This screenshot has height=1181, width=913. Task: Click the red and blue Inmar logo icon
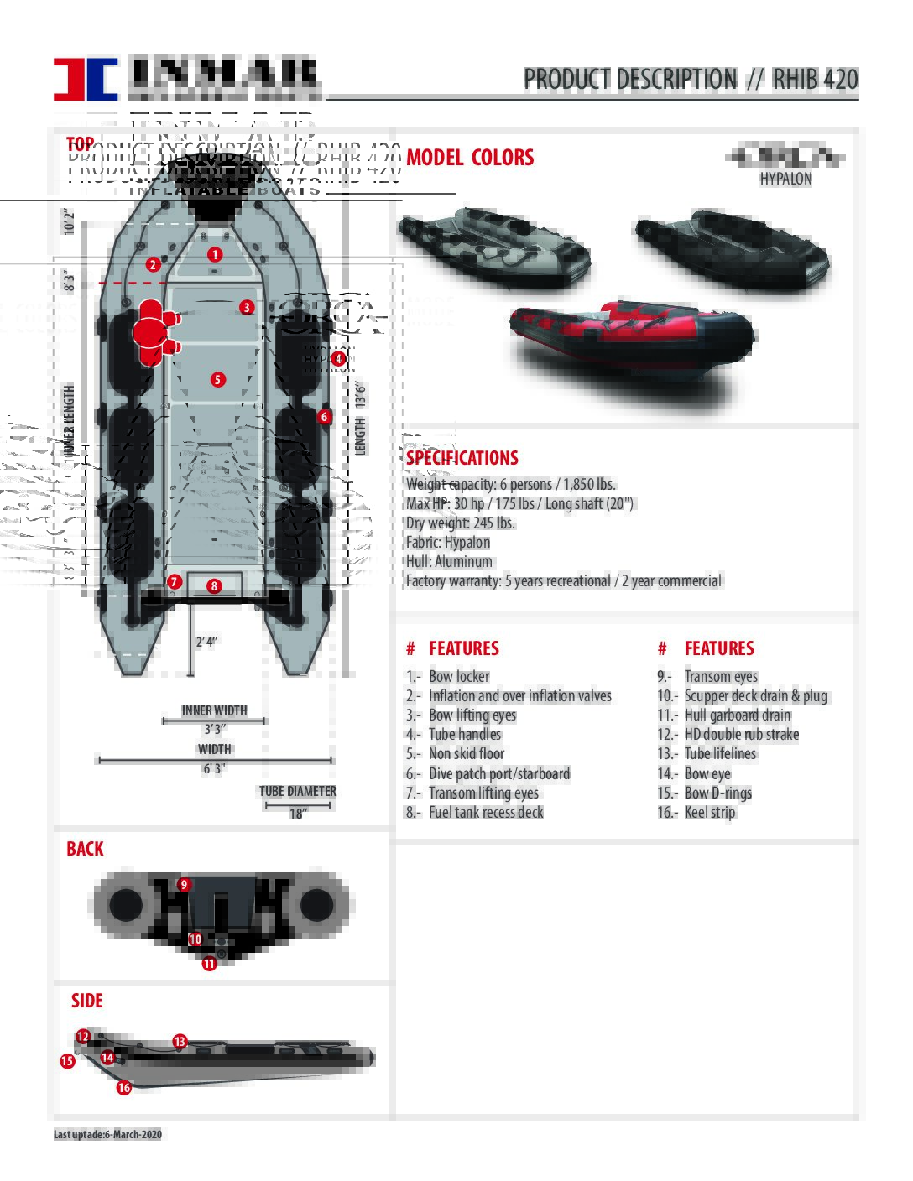(86, 80)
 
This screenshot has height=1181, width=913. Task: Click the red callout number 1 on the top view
(215, 254)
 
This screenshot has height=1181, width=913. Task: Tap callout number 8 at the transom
(214, 586)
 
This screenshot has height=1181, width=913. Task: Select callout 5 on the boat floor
(217, 379)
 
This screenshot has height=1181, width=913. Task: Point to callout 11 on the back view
(209, 964)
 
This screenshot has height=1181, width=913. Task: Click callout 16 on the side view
(123, 1088)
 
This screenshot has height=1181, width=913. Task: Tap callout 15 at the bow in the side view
(67, 1061)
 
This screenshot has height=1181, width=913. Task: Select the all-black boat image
(732, 249)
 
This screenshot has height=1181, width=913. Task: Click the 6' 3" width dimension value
(214, 768)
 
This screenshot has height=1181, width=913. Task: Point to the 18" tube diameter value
(297, 814)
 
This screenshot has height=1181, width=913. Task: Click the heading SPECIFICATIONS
(462, 458)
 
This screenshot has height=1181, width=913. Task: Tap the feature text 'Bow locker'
(459, 676)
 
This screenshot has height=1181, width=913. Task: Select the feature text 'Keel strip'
(710, 812)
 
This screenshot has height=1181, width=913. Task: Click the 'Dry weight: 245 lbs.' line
(461, 523)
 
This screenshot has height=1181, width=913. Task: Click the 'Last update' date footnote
(107, 1134)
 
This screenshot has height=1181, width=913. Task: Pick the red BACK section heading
(85, 849)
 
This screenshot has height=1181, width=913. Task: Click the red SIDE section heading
(87, 1001)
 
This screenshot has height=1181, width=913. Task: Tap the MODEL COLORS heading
(470, 158)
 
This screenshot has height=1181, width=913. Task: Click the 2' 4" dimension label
(206, 642)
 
